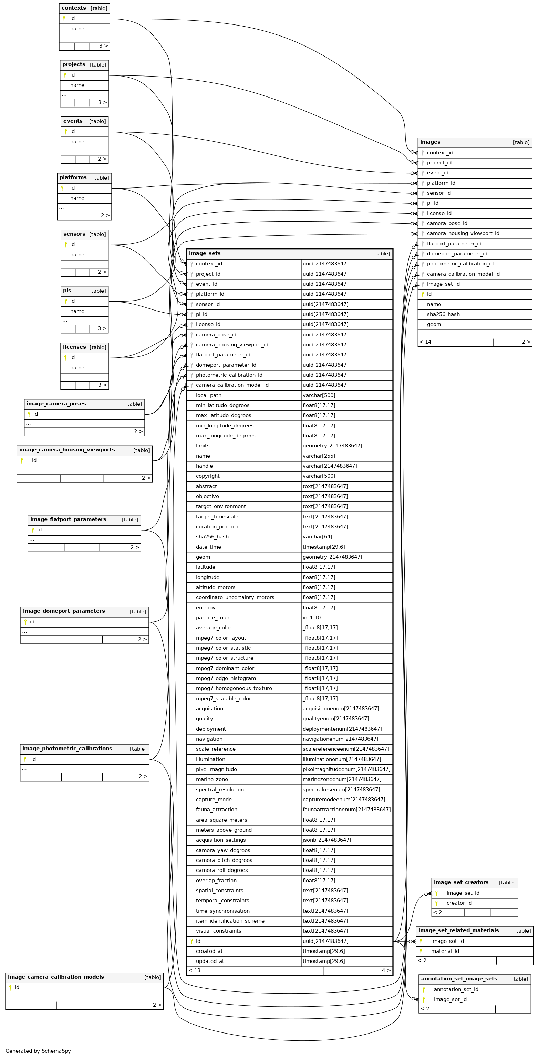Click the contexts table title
74,8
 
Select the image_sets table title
205,253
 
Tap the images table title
430,142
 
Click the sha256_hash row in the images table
443,314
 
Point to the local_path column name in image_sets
208,395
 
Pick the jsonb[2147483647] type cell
327,840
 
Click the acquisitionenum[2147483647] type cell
341,709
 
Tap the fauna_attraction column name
216,810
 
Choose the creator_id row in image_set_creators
459,903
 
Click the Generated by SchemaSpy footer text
38,1051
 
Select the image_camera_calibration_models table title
56,977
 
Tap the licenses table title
74,347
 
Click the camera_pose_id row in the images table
447,223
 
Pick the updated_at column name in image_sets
210,961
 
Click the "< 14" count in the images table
425,342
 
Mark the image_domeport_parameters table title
64,611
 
